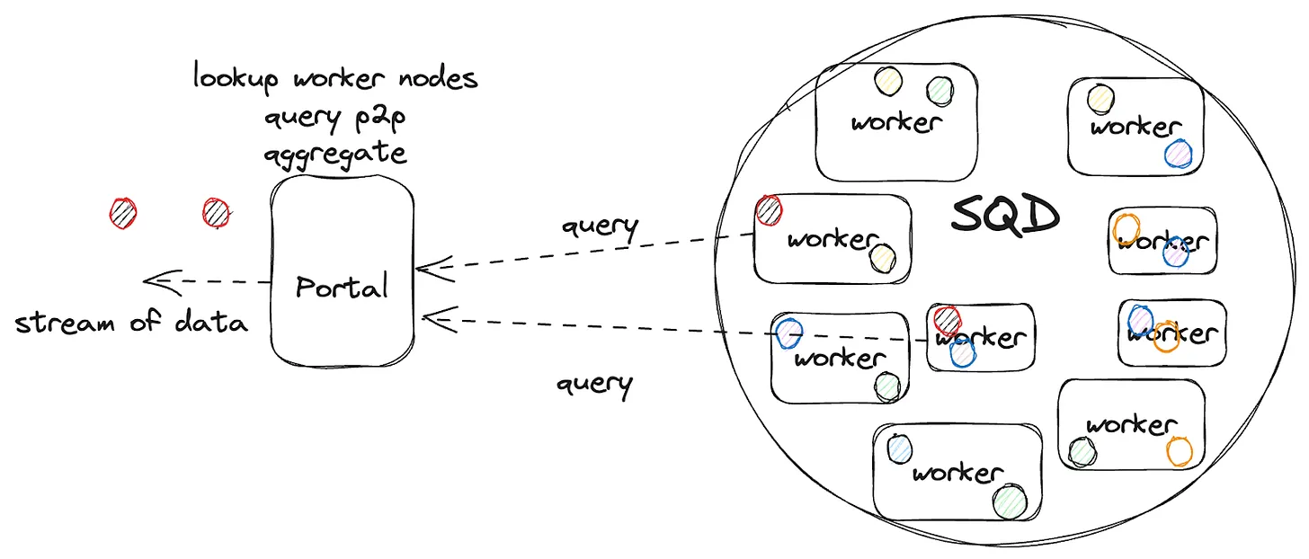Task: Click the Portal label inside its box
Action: (343, 287)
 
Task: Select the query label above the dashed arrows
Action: (600, 226)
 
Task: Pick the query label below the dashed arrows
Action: (594, 385)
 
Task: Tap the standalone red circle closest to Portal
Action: (216, 213)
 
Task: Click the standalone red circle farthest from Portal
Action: (123, 213)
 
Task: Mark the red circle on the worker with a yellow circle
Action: (769, 210)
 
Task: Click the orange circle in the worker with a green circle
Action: (1179, 450)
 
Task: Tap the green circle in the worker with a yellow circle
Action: (939, 90)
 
